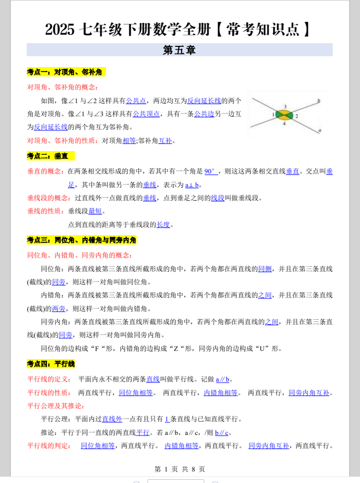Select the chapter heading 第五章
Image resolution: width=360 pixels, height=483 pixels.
tap(179, 50)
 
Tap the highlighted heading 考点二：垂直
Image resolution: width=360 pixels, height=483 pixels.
tap(48, 156)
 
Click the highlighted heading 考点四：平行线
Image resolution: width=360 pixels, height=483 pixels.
tap(51, 364)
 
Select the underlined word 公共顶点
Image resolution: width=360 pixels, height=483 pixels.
tap(146, 114)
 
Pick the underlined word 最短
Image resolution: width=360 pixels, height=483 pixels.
tap(95, 211)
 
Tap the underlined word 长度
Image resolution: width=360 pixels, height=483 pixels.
tap(163, 224)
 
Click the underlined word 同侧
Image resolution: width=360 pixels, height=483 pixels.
tap(265, 269)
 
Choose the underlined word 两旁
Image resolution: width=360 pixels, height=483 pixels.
tap(58, 308)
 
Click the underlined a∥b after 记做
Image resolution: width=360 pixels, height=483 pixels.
tap(223, 379)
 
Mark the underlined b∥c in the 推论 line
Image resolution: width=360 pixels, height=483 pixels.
tap(222, 433)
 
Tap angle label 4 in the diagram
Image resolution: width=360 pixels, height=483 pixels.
tap(284, 124)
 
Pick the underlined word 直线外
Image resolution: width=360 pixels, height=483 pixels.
tap(112, 419)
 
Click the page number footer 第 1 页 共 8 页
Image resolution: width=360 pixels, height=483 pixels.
tap(180, 469)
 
